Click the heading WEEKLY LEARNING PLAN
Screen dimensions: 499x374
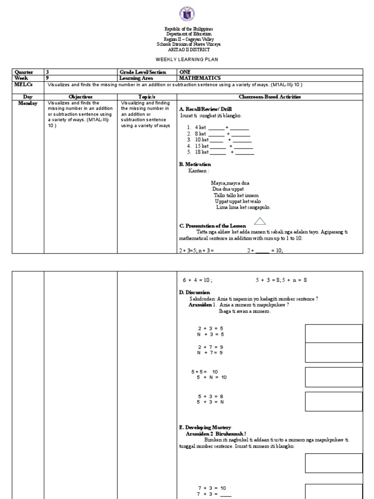[187, 59]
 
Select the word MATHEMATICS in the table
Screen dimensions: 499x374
[200, 78]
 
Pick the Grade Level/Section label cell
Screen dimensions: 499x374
[140, 72]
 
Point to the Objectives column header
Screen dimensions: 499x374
[80, 97]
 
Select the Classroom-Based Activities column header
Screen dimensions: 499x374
[270, 97]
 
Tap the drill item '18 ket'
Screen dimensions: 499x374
[202, 152]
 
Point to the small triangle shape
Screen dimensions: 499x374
[259, 221]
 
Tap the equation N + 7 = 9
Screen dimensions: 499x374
[210, 352]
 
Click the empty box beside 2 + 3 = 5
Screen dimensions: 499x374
[334, 333]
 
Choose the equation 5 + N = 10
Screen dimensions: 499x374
[212, 377]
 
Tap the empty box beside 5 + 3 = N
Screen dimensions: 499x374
[334, 402]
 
